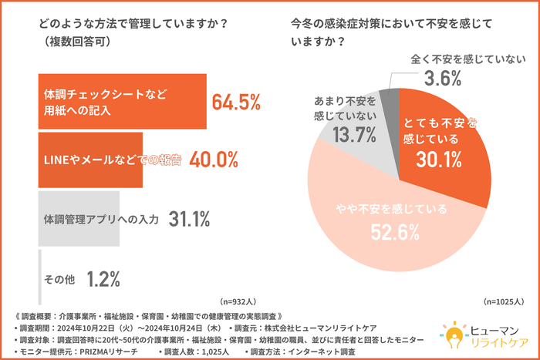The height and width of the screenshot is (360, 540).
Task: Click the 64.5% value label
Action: [x=235, y=102]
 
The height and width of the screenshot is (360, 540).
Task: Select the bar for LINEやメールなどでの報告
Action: [x=89, y=160]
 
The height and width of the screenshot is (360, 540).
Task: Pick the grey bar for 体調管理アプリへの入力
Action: [x=77, y=219]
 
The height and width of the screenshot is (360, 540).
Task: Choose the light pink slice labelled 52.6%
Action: [x=393, y=239]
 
